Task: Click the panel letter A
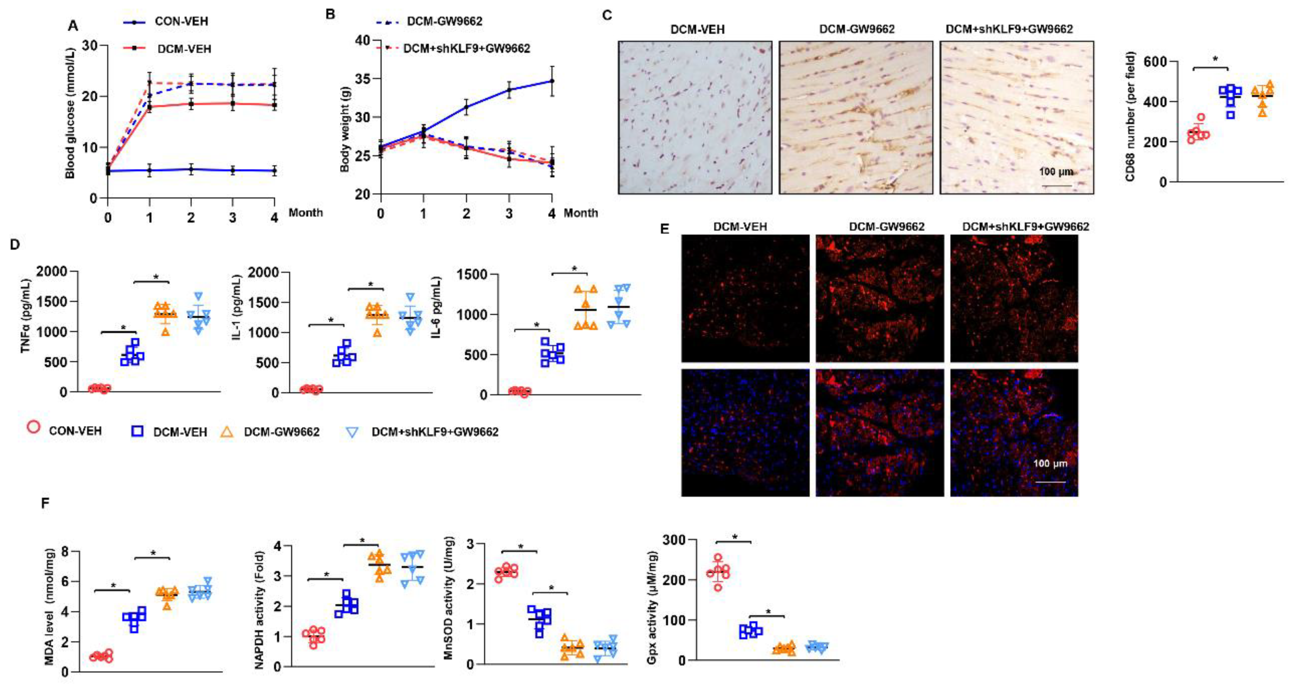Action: (x=73, y=26)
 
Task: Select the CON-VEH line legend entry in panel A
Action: (x=166, y=22)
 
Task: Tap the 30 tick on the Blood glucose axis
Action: (x=91, y=46)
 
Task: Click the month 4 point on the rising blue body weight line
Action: (x=552, y=81)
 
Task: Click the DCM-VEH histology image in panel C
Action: (x=695, y=118)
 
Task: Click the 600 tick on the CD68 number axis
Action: (x=1155, y=61)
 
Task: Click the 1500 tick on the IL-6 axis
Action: (x=473, y=275)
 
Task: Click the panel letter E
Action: (x=665, y=230)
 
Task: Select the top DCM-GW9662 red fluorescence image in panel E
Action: (x=879, y=299)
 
